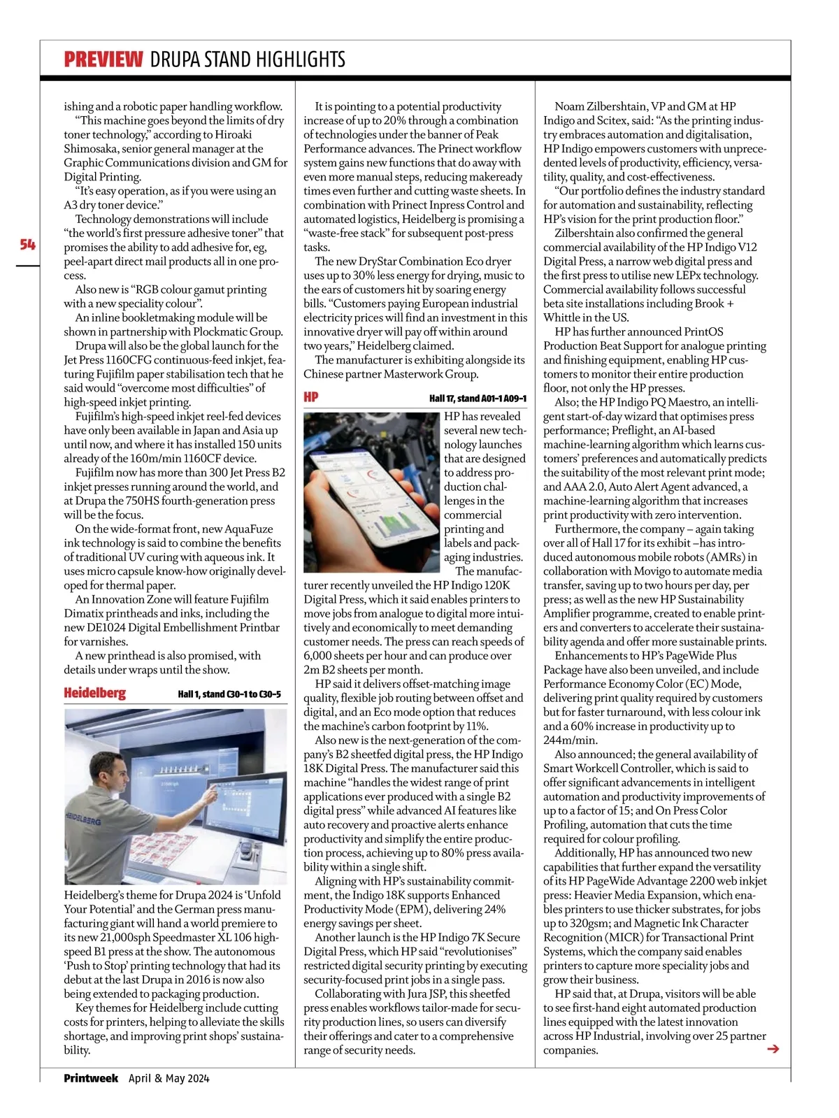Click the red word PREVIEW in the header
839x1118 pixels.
click(103, 59)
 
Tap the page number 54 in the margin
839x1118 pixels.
click(27, 244)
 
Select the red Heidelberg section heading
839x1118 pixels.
click(94, 693)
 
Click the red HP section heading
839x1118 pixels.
click(310, 397)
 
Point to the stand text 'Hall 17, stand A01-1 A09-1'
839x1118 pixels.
click(478, 399)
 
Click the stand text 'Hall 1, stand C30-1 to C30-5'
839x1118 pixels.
click(229, 694)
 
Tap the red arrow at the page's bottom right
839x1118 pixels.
click(773, 1048)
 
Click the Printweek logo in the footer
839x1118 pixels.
click(91, 1078)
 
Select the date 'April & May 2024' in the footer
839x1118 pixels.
click(168, 1078)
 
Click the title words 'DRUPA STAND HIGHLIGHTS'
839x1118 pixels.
click(248, 59)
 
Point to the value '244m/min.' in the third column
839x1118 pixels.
click(571, 740)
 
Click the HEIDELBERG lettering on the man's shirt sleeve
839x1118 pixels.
click(83, 819)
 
